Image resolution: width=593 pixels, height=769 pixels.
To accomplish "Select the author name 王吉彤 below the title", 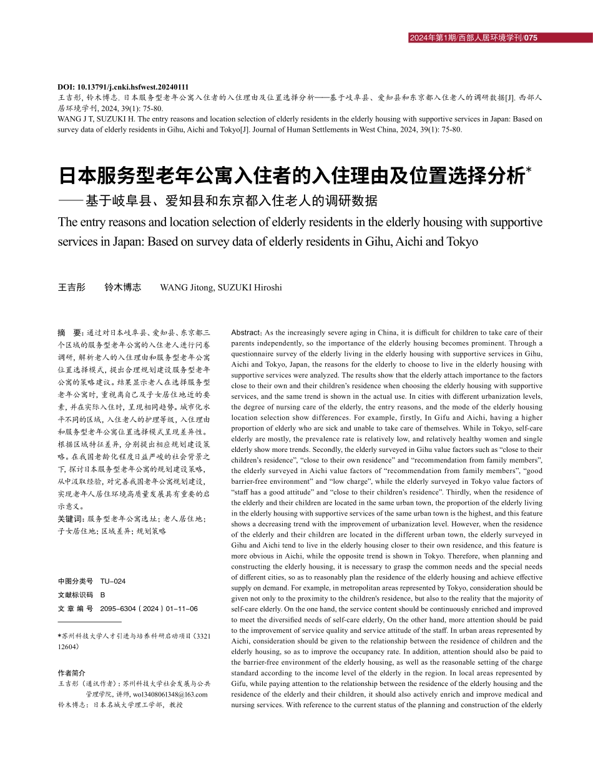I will (72, 287).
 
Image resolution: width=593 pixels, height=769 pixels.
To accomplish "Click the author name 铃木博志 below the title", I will (123, 287).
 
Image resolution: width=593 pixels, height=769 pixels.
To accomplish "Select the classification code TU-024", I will (113, 581).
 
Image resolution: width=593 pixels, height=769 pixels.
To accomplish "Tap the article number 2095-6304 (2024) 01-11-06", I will (149, 609).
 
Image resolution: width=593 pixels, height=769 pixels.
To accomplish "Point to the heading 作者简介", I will (71, 673).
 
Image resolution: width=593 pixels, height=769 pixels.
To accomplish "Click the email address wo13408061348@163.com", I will (170, 694).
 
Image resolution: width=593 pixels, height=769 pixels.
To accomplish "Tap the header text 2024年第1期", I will (432, 38).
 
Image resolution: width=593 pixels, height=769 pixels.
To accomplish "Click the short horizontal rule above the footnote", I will (89, 622).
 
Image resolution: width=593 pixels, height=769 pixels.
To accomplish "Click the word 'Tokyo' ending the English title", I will (461, 242).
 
